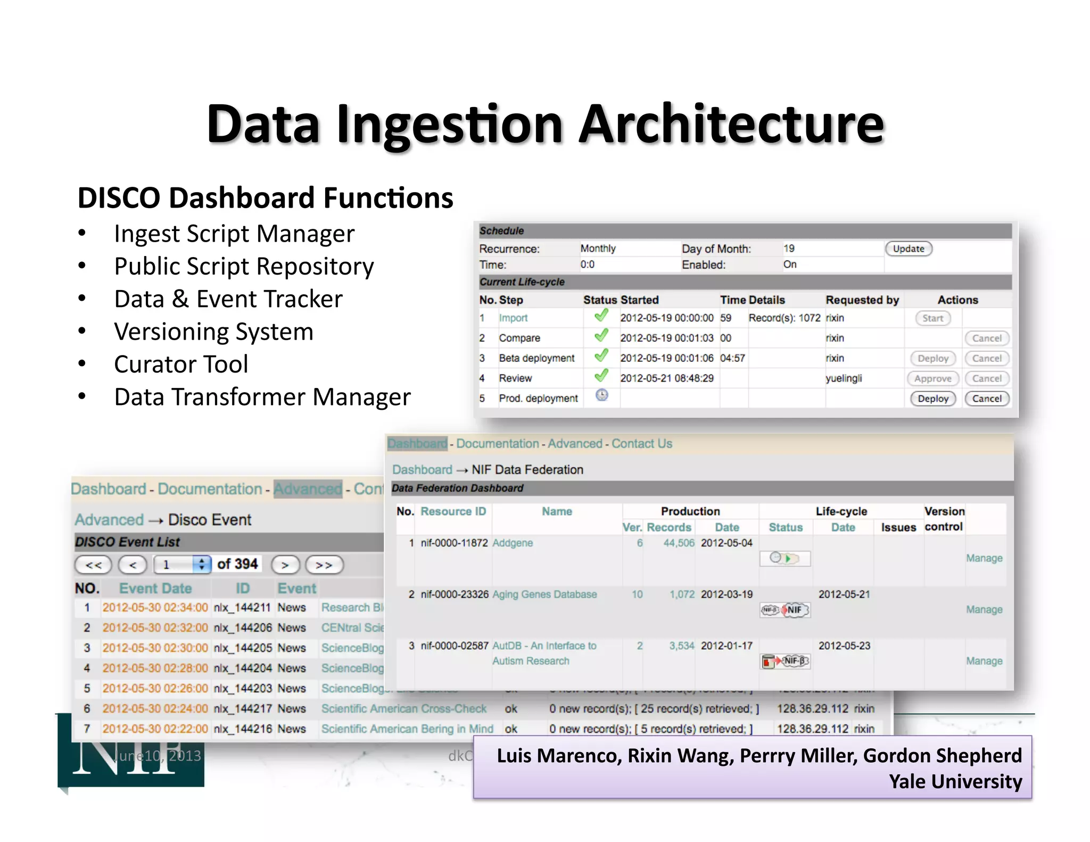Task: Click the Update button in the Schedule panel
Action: coord(909,249)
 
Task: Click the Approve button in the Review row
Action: coord(932,378)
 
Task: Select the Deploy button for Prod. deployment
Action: coord(932,399)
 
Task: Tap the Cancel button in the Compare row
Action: coord(986,338)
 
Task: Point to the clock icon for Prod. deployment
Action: coord(601,395)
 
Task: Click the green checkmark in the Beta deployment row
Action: coord(601,356)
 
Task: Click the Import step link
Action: coord(513,318)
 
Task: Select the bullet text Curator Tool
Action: coord(181,365)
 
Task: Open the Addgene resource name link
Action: coord(513,543)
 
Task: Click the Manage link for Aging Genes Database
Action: coord(984,609)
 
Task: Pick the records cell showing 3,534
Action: coord(681,646)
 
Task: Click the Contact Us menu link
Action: coord(641,443)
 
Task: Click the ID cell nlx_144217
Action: coord(243,708)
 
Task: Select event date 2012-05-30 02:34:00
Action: coord(155,607)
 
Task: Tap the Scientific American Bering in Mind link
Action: coord(407,729)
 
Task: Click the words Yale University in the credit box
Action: coord(955,781)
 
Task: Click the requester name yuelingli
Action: coord(844,378)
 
